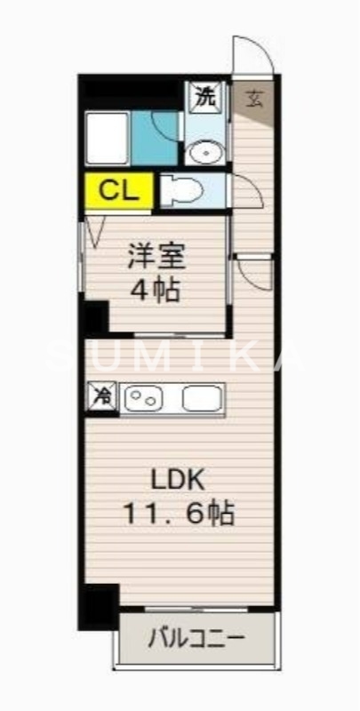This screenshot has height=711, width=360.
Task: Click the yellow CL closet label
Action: point(118,190)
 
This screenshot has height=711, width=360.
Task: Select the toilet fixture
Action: point(182,191)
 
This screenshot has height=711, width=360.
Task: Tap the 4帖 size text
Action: point(156,290)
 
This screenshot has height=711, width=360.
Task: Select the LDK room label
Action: point(178,480)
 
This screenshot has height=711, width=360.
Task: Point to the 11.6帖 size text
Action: point(179,513)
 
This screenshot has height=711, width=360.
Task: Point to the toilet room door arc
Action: point(243,189)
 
